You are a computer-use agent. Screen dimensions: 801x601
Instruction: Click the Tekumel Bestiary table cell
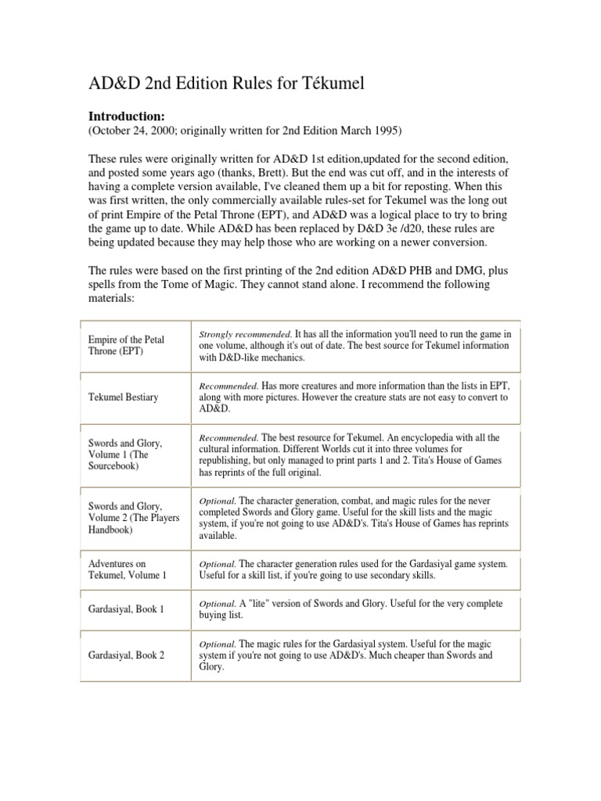click(123, 397)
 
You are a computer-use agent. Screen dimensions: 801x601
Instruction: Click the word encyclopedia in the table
click(426, 438)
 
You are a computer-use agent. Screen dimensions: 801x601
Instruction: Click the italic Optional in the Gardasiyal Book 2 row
click(217, 644)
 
